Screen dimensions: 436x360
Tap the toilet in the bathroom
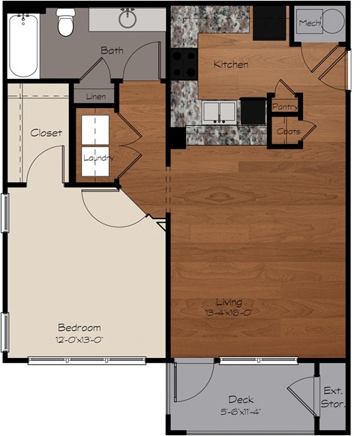tap(67, 23)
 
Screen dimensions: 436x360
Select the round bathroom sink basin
tap(127, 17)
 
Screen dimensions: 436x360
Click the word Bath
tap(112, 50)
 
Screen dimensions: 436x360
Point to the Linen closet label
tap(95, 97)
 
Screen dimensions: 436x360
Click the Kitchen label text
tap(230, 65)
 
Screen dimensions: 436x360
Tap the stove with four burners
tap(184, 63)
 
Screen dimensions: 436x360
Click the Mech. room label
tap(310, 23)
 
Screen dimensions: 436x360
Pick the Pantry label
tap(285, 107)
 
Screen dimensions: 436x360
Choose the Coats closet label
tap(287, 131)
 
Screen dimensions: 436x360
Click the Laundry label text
tap(97, 158)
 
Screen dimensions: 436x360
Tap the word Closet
tap(46, 133)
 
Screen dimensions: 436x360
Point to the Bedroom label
tap(79, 327)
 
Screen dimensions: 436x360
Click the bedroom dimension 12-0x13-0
tap(79, 339)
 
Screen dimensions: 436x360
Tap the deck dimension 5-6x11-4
tap(240, 412)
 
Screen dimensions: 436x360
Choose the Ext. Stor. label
tap(332, 398)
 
